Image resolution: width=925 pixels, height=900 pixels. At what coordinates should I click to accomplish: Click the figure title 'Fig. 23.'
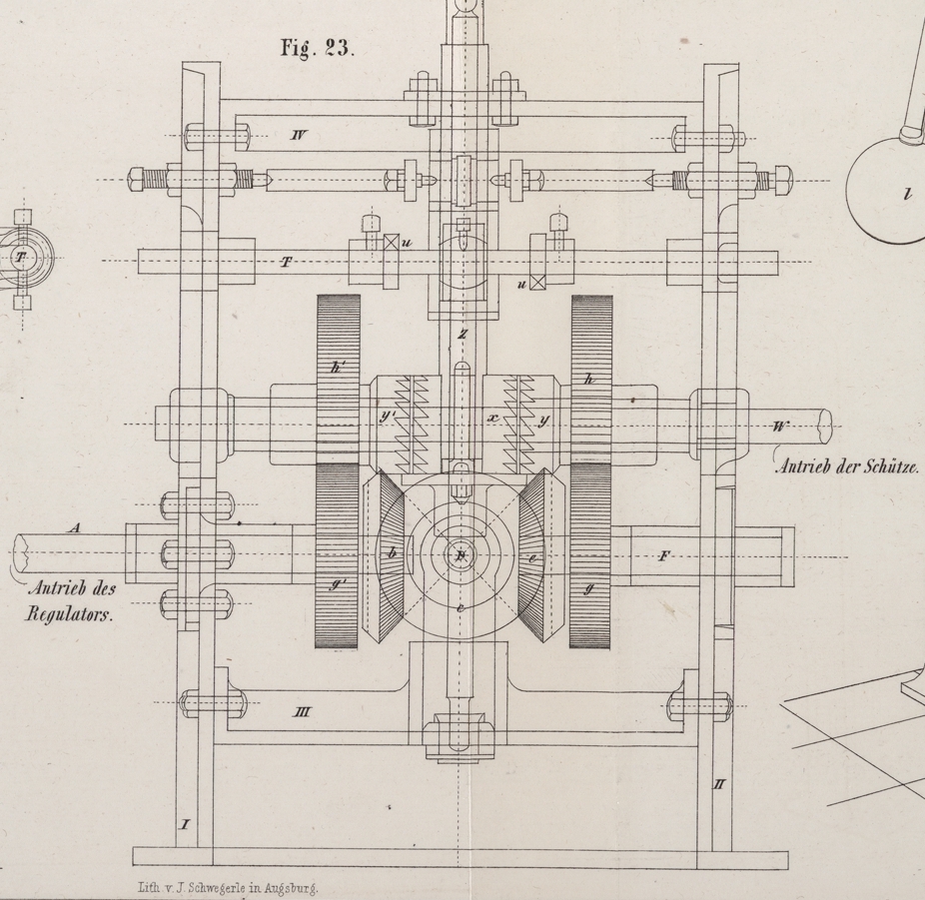click(317, 49)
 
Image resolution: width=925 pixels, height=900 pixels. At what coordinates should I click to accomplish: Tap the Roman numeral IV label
click(298, 134)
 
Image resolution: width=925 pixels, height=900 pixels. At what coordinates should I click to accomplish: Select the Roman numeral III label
click(301, 712)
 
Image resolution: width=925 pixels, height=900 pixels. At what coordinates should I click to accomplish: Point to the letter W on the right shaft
click(780, 427)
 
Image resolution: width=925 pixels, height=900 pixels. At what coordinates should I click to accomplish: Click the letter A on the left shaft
click(72, 528)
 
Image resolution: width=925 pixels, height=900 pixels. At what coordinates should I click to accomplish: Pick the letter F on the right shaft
click(663, 556)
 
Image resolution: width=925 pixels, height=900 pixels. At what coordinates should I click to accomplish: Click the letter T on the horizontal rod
click(287, 262)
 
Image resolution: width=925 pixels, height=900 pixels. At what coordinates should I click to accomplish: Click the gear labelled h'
click(337, 380)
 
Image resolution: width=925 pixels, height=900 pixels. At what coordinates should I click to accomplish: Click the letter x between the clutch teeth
click(492, 419)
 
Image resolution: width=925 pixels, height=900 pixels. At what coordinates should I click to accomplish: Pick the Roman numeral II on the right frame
click(718, 784)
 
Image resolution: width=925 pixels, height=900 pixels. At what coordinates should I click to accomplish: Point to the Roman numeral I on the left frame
click(184, 824)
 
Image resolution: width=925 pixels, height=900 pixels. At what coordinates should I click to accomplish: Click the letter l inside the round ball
click(907, 195)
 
